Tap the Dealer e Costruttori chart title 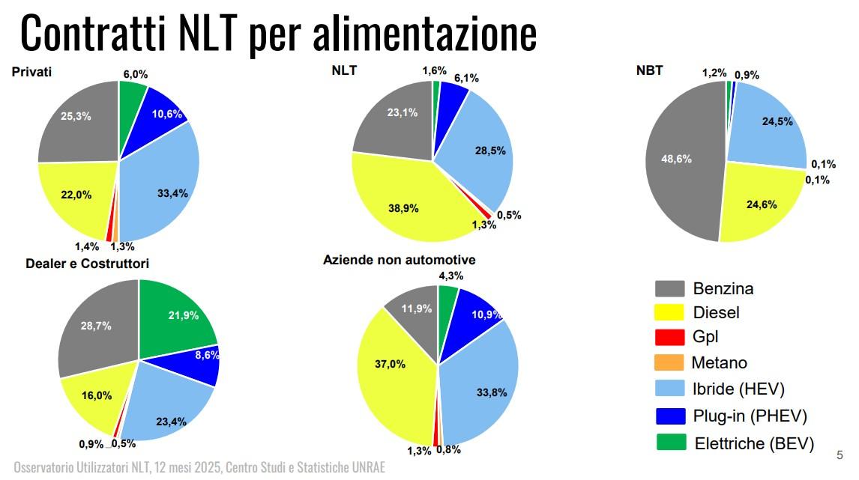click(87, 264)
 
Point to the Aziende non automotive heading click(399, 260)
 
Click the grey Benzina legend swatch click(669, 288)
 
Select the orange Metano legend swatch click(669, 362)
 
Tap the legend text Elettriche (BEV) click(753, 443)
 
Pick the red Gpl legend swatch click(669, 338)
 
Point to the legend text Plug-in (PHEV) click(750, 416)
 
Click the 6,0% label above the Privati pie click(135, 74)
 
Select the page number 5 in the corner click(840, 455)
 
